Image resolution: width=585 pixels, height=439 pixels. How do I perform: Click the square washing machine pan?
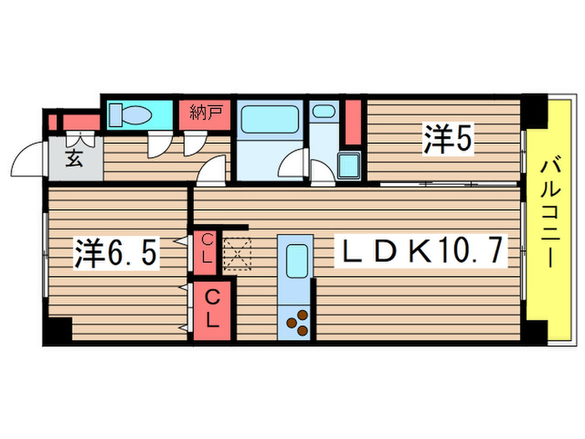(x=348, y=165)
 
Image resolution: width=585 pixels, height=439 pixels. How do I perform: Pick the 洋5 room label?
(x=448, y=140)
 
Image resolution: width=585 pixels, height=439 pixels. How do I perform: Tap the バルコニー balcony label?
(x=551, y=212)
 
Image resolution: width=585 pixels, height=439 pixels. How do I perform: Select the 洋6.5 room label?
(x=115, y=254)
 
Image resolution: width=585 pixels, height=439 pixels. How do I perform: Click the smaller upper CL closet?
(x=206, y=249)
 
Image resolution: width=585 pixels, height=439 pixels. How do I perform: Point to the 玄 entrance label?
(x=74, y=159)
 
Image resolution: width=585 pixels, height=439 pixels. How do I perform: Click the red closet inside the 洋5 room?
(x=353, y=122)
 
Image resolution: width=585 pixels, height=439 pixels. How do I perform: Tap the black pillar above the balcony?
(x=532, y=110)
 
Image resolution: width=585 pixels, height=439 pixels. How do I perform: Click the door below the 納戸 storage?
(x=193, y=146)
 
